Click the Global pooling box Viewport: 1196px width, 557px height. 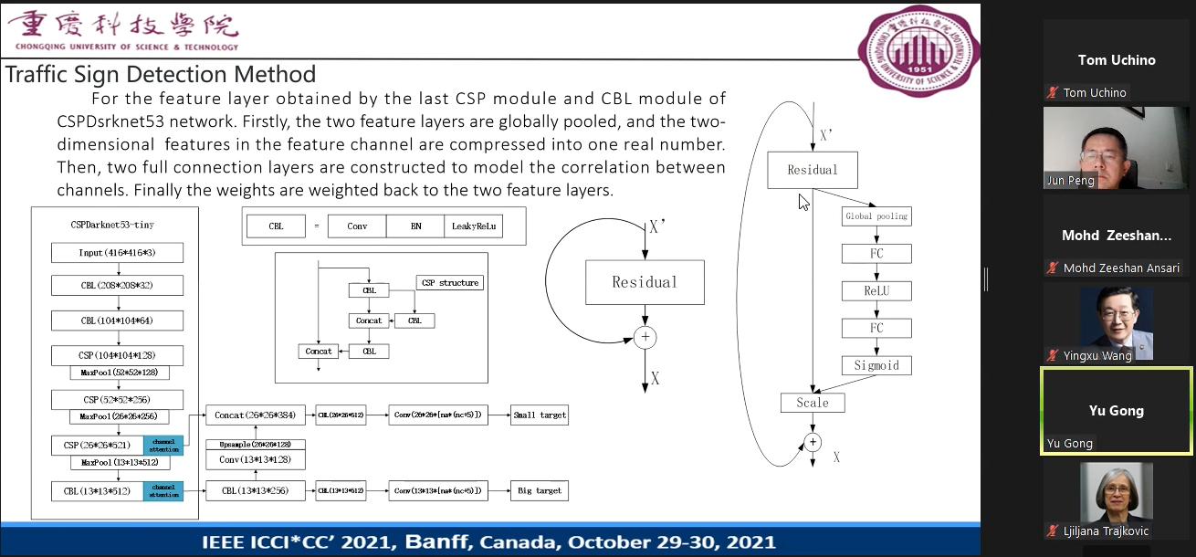876,216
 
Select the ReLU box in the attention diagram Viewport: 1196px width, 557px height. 876,291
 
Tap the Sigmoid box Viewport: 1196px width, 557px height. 876,365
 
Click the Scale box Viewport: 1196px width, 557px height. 813,403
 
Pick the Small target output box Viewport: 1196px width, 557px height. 539,415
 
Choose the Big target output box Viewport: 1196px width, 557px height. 539,491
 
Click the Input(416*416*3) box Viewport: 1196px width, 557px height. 117,252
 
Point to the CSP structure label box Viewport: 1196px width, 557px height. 449,283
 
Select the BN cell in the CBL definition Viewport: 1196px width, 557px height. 415,226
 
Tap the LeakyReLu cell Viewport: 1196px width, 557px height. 473,226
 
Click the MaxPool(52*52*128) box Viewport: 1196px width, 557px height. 119,373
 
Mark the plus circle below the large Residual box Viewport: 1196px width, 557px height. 645,338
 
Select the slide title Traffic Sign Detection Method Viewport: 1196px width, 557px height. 161,74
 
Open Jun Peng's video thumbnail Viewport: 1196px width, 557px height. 1116,148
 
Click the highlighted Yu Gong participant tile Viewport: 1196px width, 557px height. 1116,411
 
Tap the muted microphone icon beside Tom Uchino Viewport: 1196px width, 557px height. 1053,92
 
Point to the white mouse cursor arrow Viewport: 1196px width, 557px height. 803,201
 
